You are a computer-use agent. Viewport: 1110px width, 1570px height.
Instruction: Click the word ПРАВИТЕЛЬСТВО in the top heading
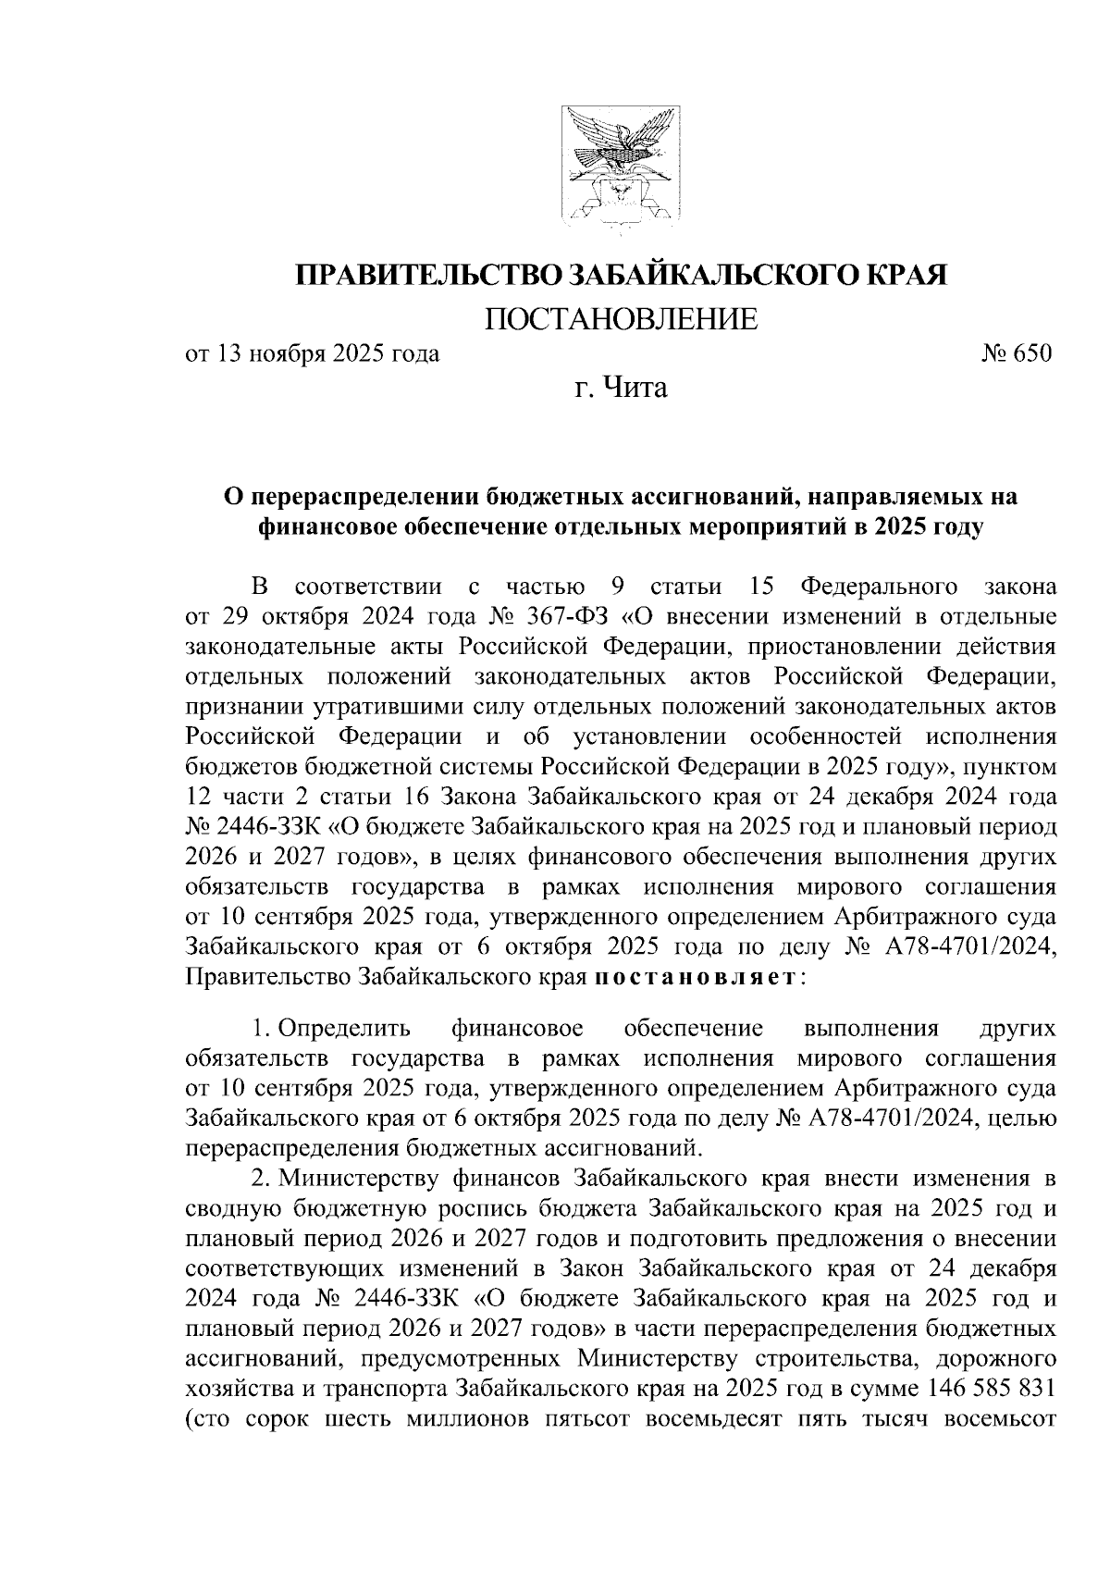pos(427,276)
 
